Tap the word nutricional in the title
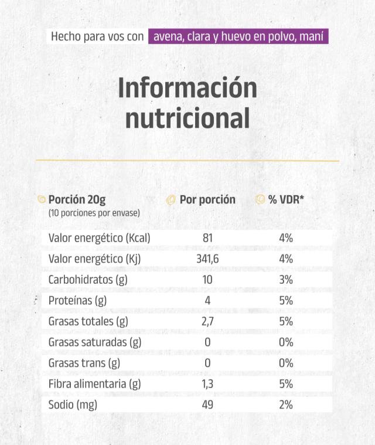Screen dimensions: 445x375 pos(187,118)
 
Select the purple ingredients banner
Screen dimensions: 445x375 pos(238,36)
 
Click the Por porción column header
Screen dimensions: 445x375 pos(207,199)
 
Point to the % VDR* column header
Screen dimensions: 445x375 pos(286,199)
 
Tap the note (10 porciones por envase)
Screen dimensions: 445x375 pos(94,213)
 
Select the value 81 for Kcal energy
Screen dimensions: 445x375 pos(207,238)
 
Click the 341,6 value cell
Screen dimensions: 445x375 pos(207,259)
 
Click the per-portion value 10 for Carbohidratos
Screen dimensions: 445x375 pos(207,280)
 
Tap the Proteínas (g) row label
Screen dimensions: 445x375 pos(77,301)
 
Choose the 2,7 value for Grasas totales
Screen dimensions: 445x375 pos(207,321)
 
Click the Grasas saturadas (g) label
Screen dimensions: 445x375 pos(95,342)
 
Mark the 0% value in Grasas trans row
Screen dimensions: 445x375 pos(286,363)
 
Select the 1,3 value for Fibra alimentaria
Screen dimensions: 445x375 pos(207,384)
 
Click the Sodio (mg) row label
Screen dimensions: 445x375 pos(73,405)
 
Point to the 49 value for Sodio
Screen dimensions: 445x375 pos(207,405)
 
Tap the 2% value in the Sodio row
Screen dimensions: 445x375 pos(286,405)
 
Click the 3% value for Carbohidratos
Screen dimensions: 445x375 pos(286,280)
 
